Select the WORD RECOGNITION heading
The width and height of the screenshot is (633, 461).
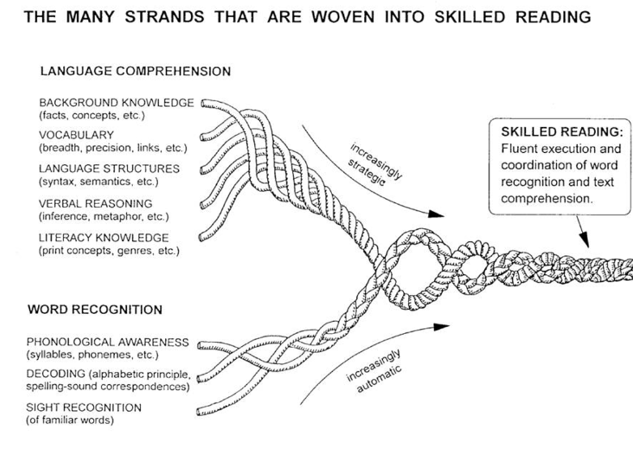[95, 310]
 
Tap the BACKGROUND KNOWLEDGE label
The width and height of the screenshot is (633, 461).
[116, 104]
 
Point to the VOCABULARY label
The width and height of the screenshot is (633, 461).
[76, 135]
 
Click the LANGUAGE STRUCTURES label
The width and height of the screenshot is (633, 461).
[108, 168]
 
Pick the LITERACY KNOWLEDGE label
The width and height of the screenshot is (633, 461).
[103, 237]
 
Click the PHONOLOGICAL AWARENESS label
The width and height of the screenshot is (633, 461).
[107, 342]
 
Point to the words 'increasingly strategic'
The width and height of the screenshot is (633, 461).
[375, 163]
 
